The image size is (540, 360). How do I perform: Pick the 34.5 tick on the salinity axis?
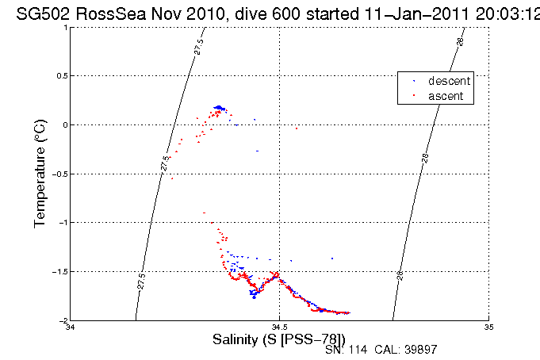point(280,327)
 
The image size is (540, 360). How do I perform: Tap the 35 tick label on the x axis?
point(488,327)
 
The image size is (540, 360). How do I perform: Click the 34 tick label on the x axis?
point(71,327)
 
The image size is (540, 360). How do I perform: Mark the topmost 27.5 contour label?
point(197,46)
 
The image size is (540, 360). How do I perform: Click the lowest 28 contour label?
point(401,275)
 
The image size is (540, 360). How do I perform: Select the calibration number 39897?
point(419,349)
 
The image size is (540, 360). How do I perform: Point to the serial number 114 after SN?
point(352,349)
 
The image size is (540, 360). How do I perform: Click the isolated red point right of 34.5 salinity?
point(296,128)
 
